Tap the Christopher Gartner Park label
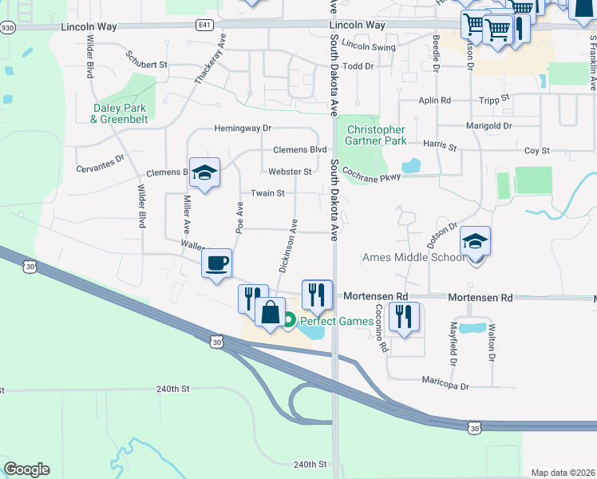pos(375,135)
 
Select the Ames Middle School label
pos(413,257)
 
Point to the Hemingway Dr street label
pos(243,128)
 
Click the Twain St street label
pos(267,193)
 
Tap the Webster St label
pos(290,172)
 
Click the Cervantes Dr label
pos(101,158)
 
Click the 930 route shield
pos(7,27)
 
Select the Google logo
pos(26,469)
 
